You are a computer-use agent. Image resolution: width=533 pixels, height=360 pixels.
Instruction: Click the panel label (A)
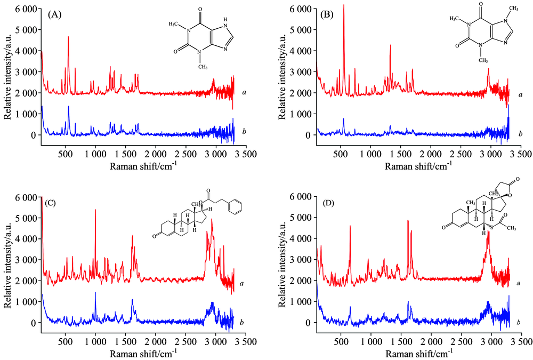click(55, 15)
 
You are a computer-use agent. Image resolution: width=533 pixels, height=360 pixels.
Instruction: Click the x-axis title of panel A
click(144, 166)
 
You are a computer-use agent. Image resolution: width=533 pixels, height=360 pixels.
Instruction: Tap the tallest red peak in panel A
click(68, 37)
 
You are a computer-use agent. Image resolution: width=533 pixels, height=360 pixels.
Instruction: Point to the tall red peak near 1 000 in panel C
click(95, 210)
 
